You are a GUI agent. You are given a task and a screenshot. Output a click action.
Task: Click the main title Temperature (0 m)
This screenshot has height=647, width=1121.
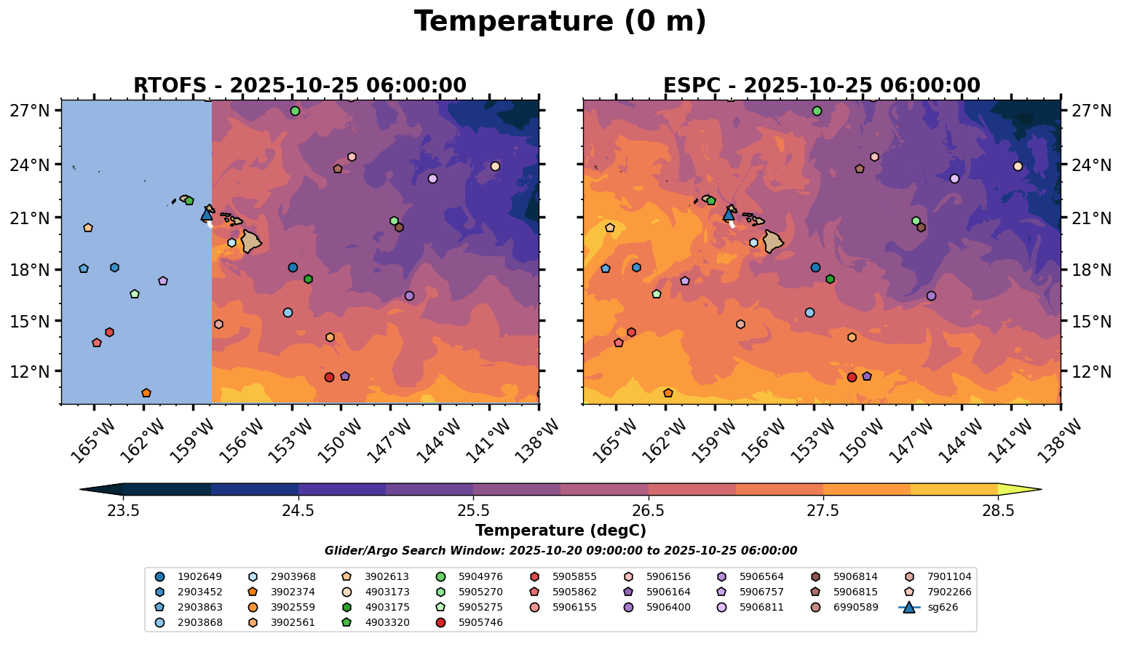560,22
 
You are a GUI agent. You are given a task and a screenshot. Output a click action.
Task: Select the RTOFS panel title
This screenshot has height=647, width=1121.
299,86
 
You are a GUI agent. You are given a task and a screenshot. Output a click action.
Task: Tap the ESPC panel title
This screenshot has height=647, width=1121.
821,86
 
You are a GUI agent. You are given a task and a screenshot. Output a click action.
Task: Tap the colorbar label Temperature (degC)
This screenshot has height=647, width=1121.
560,531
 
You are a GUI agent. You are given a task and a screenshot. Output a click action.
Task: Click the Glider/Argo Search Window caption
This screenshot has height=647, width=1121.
560,551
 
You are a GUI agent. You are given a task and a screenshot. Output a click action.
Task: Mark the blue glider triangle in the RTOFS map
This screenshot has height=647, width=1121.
207,214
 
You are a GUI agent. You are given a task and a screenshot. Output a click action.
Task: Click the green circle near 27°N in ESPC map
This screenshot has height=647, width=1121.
817,111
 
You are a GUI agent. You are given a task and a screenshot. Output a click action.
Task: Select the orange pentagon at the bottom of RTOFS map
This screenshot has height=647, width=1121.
146,393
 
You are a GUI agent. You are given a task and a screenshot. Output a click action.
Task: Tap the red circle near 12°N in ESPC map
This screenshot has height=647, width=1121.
852,377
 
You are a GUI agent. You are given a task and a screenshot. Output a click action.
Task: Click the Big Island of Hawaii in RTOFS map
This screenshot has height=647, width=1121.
251,242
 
